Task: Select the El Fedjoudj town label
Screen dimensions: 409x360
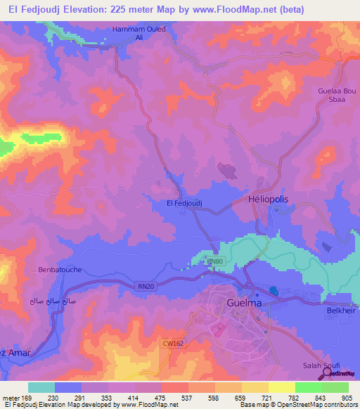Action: [x=184, y=203]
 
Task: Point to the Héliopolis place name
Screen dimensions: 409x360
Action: [x=269, y=200]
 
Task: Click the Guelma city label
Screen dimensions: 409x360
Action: [x=245, y=303]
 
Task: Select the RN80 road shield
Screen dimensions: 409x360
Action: [x=214, y=261]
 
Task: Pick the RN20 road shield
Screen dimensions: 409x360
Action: [x=144, y=285]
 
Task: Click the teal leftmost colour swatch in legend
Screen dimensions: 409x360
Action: [x=41, y=387]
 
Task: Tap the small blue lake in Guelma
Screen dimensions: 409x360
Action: [x=273, y=291]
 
